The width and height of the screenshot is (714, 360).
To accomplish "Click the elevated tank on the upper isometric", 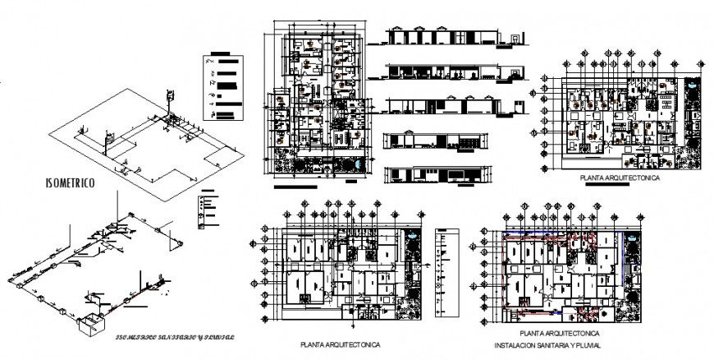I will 171,97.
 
